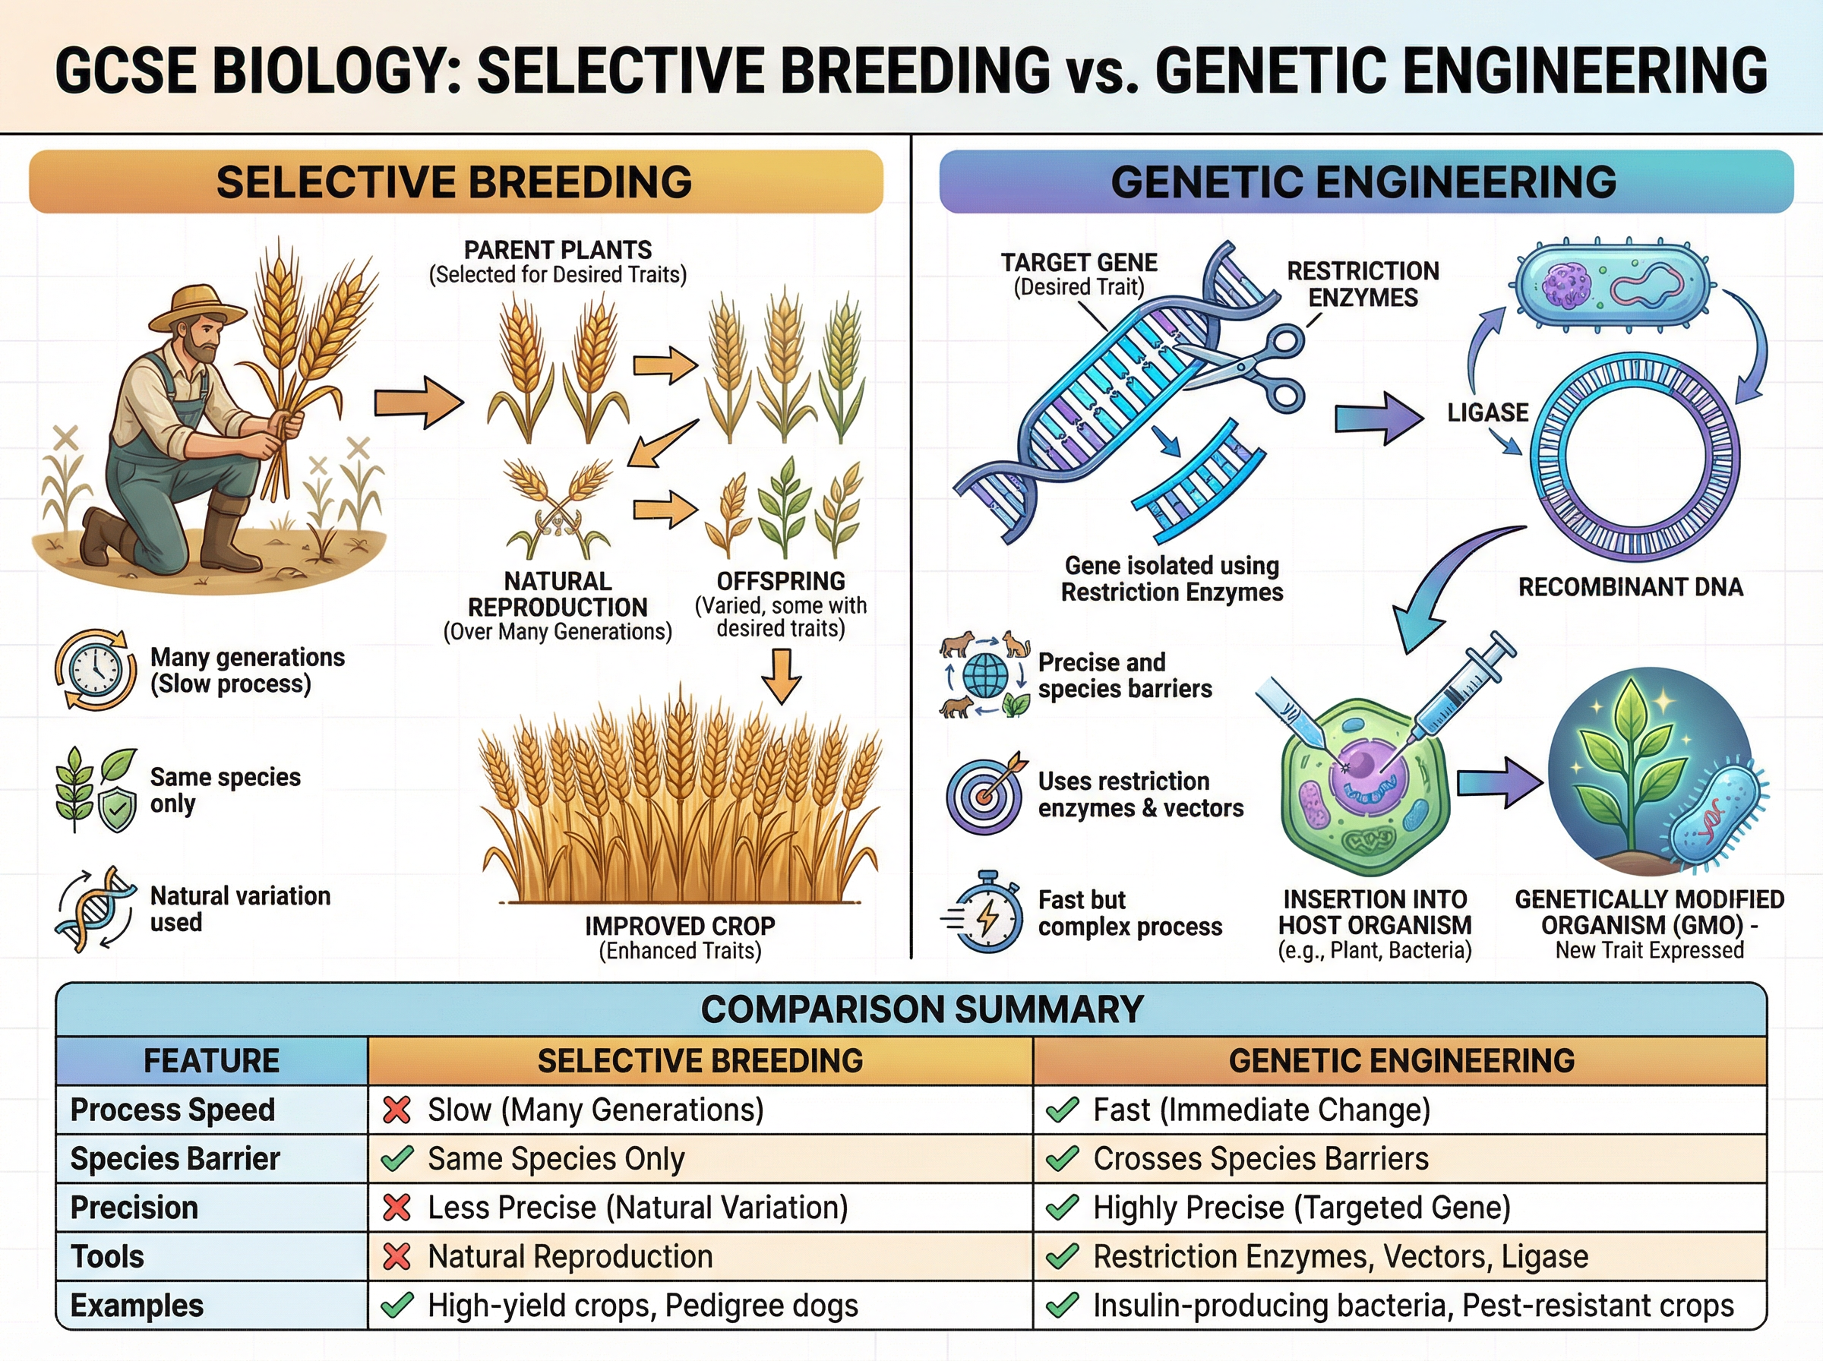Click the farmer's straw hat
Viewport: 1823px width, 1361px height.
coord(198,307)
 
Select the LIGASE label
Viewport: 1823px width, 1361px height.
coord(1487,412)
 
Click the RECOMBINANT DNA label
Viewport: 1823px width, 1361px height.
coord(1630,586)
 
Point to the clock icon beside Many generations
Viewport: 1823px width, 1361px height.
coord(96,670)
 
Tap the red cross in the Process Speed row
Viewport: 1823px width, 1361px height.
coord(397,1110)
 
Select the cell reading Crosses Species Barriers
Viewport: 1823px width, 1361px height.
coord(1260,1158)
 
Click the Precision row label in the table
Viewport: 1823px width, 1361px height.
coord(134,1208)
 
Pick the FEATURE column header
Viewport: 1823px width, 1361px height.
coord(212,1060)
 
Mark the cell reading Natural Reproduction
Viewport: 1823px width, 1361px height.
coord(570,1256)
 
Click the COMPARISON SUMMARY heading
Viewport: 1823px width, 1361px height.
coord(922,1009)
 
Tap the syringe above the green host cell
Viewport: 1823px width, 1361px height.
coord(1462,684)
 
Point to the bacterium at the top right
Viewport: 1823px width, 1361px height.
coord(1612,285)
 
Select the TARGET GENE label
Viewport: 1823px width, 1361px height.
coord(1079,263)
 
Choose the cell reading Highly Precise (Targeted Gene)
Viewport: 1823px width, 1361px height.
coord(1302,1208)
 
